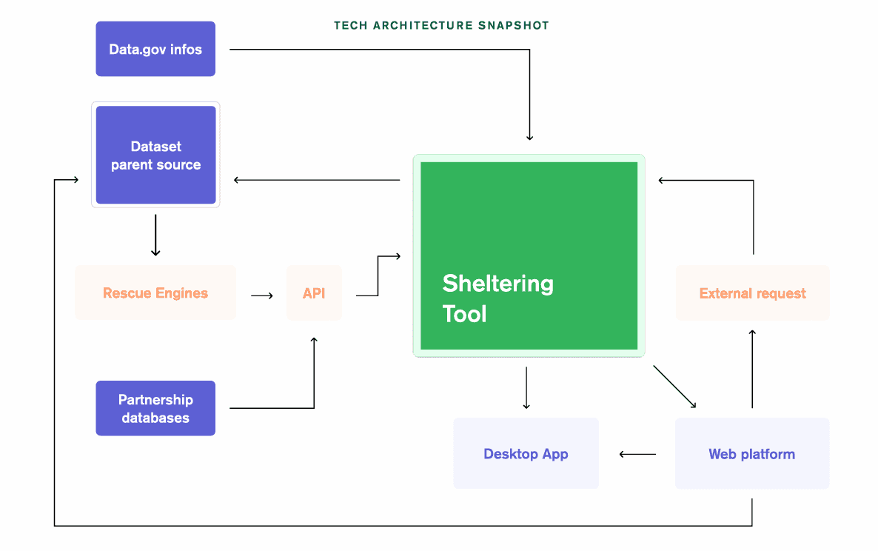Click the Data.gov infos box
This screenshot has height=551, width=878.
coord(155,49)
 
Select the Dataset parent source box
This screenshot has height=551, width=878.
coord(155,156)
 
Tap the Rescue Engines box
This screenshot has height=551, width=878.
coord(155,293)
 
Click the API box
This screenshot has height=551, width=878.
coord(314,293)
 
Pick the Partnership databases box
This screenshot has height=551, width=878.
coord(155,408)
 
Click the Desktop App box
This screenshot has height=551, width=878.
coord(526,453)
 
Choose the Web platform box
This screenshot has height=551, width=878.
coord(751,453)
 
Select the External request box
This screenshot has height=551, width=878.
coord(752,293)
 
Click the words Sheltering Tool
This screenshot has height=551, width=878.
coord(497,298)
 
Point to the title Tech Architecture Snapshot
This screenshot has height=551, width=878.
coord(441,25)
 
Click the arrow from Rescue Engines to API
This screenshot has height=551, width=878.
coord(262,295)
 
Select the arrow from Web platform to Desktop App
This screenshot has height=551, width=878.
coord(637,454)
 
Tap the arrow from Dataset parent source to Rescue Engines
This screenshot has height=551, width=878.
coord(155,236)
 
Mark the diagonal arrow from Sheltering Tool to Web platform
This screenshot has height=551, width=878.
coord(674,386)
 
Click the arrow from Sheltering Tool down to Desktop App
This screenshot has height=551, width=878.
coord(526,387)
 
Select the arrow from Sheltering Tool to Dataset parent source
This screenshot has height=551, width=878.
coord(317,180)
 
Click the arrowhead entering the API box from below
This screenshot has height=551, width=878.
coord(314,341)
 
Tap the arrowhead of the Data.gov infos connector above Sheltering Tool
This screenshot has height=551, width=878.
coord(529,136)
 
